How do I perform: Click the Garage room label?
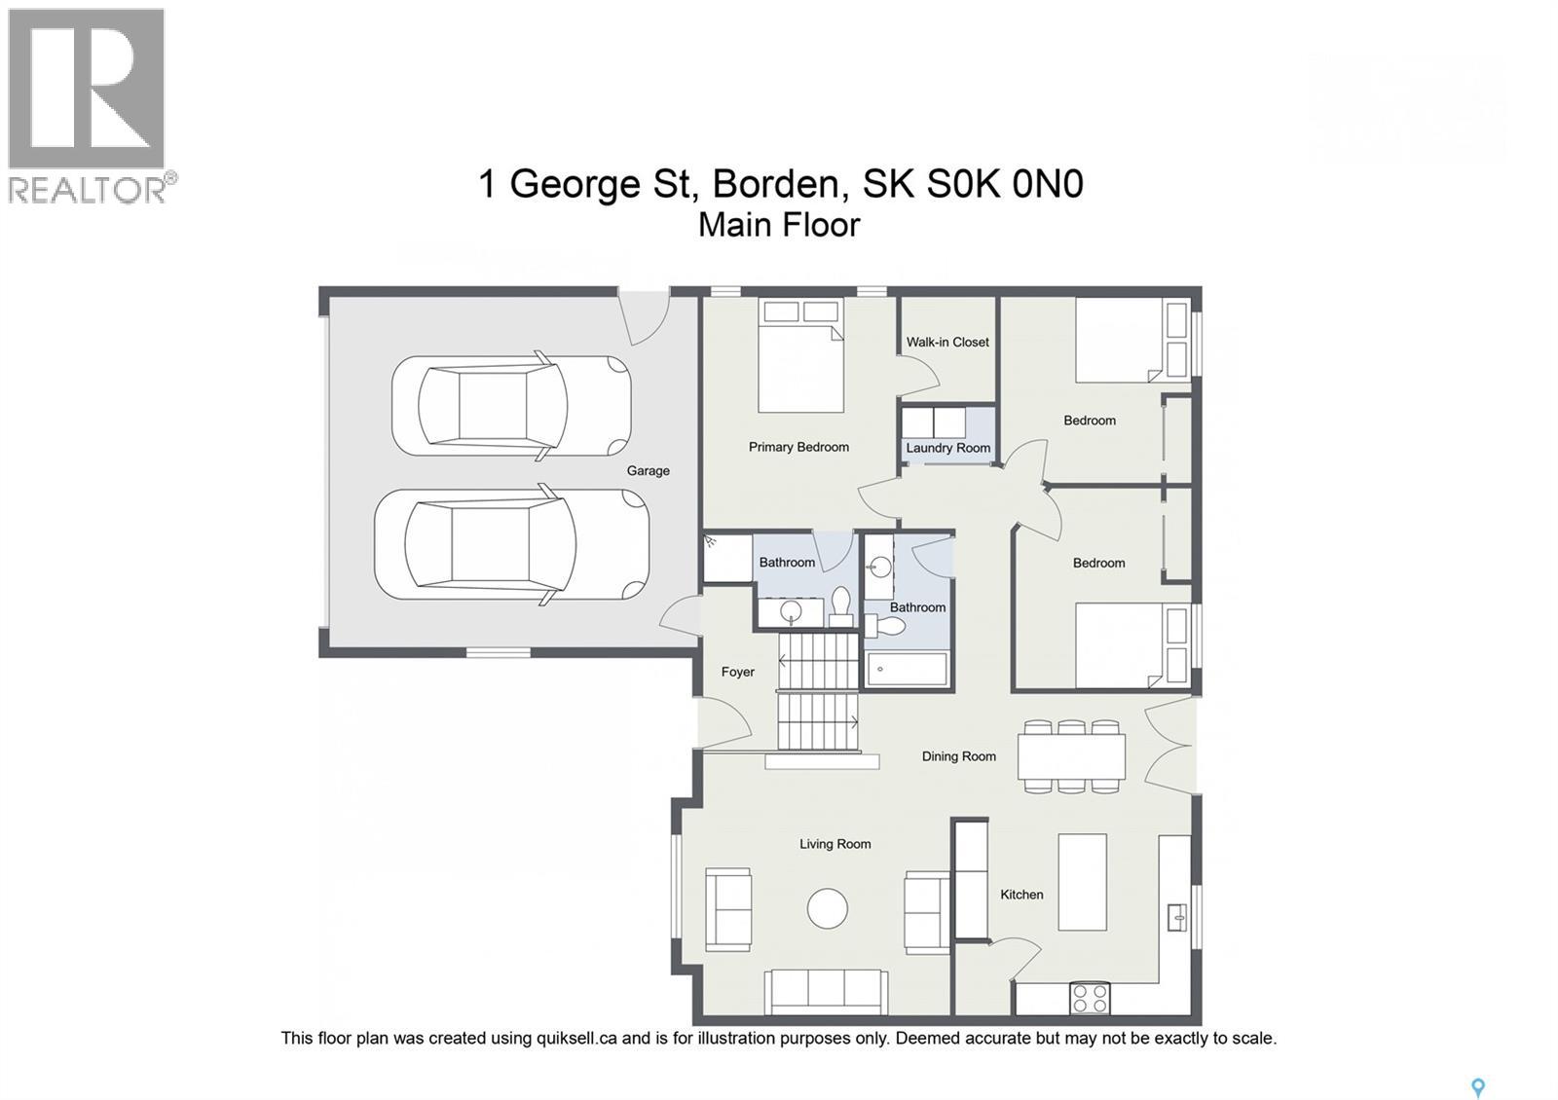pos(648,471)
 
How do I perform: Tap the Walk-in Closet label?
pos(947,342)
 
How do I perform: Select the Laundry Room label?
pos(947,448)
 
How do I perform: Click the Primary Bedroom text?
pos(798,447)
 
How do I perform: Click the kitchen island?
pos(1082,882)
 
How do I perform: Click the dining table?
pos(1071,756)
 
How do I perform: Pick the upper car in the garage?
pos(511,405)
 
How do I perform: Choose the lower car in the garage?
pos(511,544)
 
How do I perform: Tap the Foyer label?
pos(738,672)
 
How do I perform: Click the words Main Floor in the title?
pos(779,225)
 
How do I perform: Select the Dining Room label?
pos(959,756)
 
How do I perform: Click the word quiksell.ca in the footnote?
pos(576,1039)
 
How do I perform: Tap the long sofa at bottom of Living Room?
pos(825,991)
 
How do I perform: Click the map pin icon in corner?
pos(1477,1087)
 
